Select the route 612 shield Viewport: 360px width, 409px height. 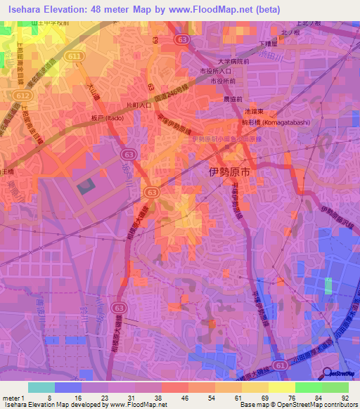point(25,93)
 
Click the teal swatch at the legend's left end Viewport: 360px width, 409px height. point(41,387)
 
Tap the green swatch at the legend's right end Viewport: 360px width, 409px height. point(335,387)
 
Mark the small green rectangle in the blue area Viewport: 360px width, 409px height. point(328,286)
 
